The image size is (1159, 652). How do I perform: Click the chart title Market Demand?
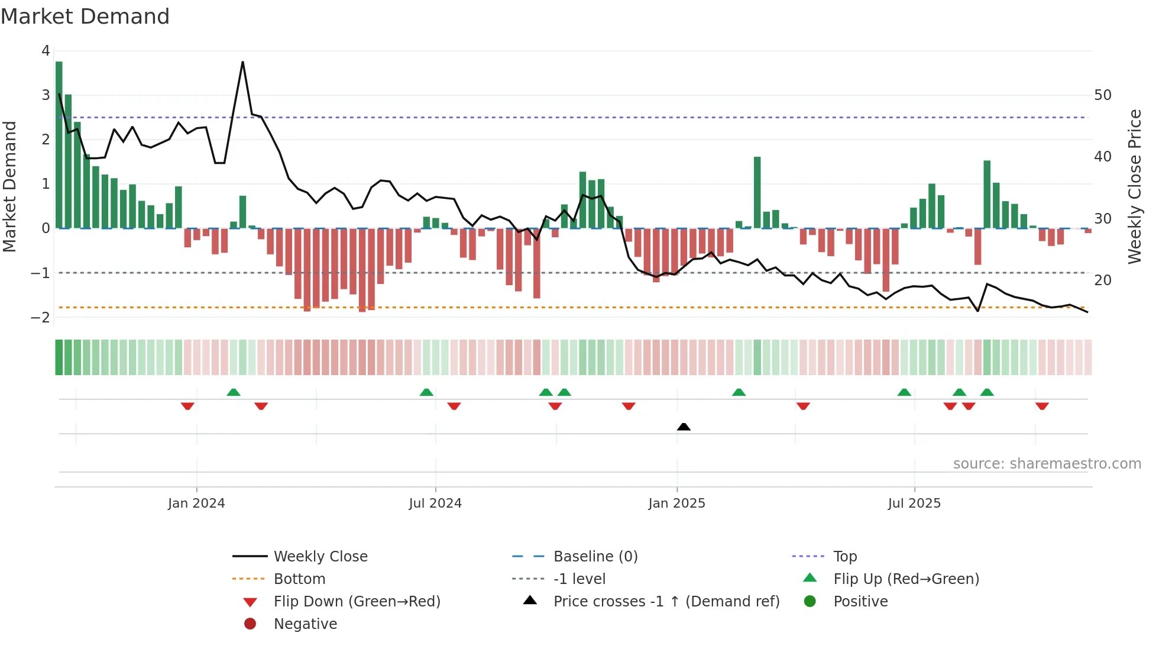(85, 16)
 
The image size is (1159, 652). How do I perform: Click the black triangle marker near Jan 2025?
(684, 427)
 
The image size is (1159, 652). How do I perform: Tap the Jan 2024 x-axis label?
(196, 503)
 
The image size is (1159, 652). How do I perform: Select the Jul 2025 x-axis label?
(914, 503)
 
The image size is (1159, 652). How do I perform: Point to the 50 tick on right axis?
(1102, 95)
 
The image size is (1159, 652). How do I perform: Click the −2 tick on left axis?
(40, 317)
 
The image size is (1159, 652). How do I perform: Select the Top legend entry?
(845, 557)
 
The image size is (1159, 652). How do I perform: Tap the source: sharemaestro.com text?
(1047, 464)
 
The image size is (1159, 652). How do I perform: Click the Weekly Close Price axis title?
(1134, 186)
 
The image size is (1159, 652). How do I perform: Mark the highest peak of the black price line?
(242, 62)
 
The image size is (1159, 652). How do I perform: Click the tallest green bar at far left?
(59, 142)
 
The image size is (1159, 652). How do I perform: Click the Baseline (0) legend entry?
(595, 557)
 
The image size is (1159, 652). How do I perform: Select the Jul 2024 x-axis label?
(435, 503)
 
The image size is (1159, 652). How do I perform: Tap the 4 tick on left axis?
(46, 51)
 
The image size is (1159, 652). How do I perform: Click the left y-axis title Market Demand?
(10, 186)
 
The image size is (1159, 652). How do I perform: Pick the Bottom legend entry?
(299, 579)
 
